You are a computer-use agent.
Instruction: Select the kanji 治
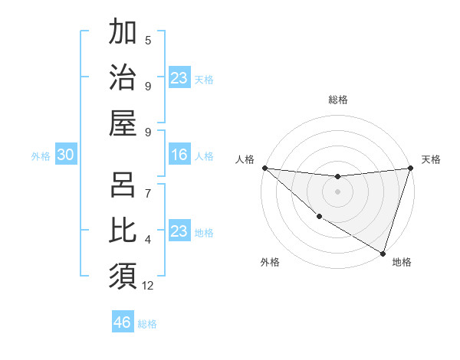[x=123, y=77]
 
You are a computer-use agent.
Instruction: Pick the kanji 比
[x=123, y=230]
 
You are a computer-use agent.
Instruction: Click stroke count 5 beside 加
[x=148, y=40]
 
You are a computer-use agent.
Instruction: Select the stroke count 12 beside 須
[x=148, y=286]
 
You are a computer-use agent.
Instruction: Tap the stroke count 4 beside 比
[x=148, y=240]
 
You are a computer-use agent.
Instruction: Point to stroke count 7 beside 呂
[x=148, y=194]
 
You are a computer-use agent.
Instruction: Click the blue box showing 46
[x=123, y=322]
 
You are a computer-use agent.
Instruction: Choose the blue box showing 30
[x=65, y=155]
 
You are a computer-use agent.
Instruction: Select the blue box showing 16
[x=179, y=155]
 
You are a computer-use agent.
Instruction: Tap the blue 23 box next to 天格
[x=179, y=78]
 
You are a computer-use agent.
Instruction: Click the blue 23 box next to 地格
[x=179, y=231]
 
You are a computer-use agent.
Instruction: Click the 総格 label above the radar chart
[x=337, y=100]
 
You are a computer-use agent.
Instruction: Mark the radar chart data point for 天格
[x=410, y=168]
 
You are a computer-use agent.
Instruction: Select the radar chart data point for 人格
[x=264, y=168]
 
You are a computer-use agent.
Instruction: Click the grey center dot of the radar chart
[x=337, y=191]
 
